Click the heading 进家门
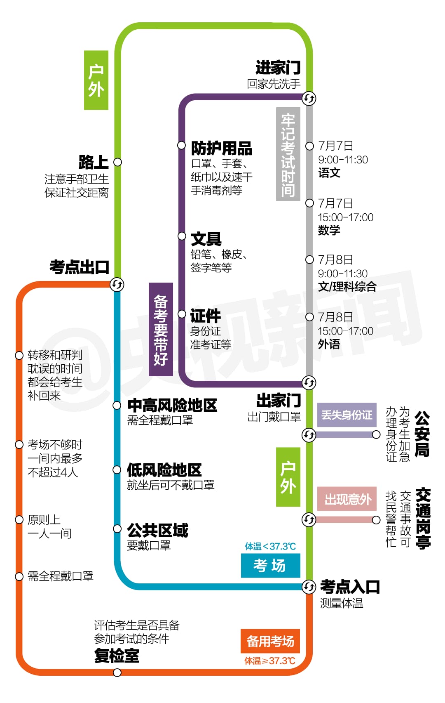tap(278, 68)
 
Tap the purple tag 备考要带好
tap(161, 330)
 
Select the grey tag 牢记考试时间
tap(288, 154)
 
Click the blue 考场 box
tap(270, 566)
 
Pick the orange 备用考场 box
tap(270, 641)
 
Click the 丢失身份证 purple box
tap(347, 415)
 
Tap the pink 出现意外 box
tap(347, 499)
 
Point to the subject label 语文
tap(329, 173)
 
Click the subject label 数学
tap(329, 230)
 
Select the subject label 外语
tap(329, 344)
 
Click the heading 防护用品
tap(222, 149)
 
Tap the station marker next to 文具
tap(182, 236)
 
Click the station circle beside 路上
tap(117, 162)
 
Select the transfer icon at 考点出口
tap(117, 285)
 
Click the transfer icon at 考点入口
tap(309, 587)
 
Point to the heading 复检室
tap(117, 656)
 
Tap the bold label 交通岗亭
tap(423, 519)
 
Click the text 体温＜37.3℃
tap(270, 546)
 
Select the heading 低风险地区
tap(164, 470)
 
